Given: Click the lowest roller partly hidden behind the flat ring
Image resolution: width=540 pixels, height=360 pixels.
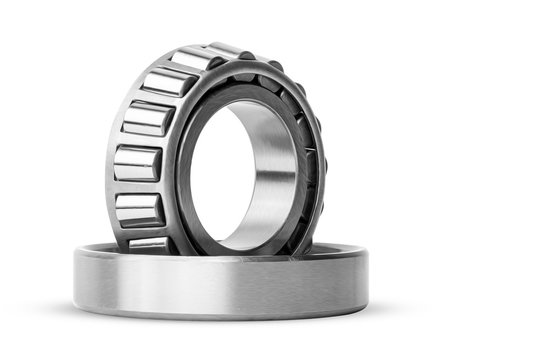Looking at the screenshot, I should [x=149, y=241].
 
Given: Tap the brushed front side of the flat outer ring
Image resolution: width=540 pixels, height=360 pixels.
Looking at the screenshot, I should [x=220, y=285].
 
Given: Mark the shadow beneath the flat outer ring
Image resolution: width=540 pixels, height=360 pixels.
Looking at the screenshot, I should [x=220, y=322].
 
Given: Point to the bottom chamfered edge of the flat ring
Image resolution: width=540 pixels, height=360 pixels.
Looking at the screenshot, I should [x=220, y=313].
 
